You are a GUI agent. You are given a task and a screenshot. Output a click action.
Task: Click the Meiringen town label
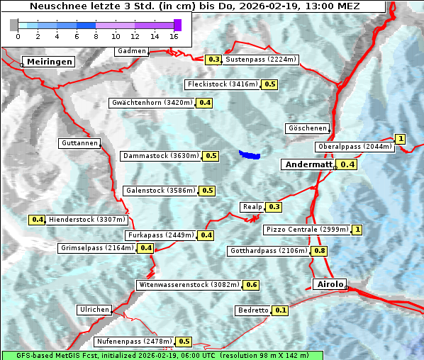pyautogui.click(x=48, y=62)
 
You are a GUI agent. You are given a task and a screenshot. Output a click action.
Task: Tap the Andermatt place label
pyautogui.click(x=308, y=164)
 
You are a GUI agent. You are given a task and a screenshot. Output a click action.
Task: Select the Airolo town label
pyautogui.click(x=330, y=284)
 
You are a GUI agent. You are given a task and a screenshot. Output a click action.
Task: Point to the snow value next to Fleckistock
pyautogui.click(x=269, y=84)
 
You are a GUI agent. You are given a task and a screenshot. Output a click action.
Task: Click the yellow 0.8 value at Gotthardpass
pyautogui.click(x=320, y=251)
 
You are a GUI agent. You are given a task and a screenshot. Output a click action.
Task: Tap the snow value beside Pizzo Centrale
pyautogui.click(x=357, y=230)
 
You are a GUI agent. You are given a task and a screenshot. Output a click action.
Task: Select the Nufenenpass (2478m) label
pyautogui.click(x=134, y=342)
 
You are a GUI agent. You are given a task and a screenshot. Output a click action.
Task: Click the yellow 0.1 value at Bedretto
pyautogui.click(x=281, y=310)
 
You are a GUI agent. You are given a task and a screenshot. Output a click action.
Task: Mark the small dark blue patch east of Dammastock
pyautogui.click(x=250, y=154)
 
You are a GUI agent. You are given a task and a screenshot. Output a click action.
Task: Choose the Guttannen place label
pyautogui.click(x=79, y=143)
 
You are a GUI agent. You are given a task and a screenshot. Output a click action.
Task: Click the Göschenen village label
pyautogui.click(x=308, y=128)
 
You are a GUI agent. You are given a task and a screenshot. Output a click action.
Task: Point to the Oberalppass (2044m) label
pyautogui.click(x=354, y=147)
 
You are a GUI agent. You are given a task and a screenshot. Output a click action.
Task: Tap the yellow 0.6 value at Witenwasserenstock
pyautogui.click(x=252, y=285)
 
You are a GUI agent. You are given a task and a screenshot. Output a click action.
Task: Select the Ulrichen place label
pyautogui.click(x=94, y=310)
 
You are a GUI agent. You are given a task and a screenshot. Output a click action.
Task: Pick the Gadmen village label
pyautogui.click(x=131, y=51)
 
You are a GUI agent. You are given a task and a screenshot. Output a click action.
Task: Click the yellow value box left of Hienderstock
pyautogui.click(x=38, y=220)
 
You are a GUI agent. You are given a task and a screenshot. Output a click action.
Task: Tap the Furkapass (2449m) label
pyautogui.click(x=160, y=235)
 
